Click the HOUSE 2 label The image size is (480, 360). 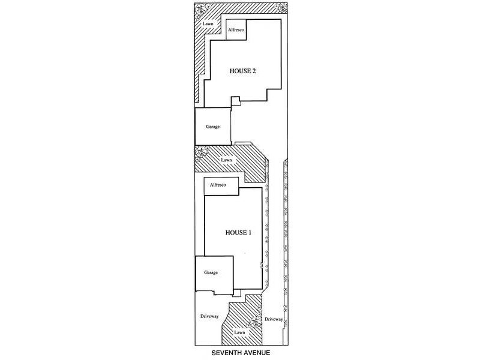[243, 71]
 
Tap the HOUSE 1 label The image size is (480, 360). [237, 232]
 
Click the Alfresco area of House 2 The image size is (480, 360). [235, 29]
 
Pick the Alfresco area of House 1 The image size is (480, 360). [217, 186]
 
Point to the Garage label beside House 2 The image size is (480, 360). [213, 127]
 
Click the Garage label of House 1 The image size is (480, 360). [211, 272]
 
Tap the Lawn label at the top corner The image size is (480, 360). [208, 25]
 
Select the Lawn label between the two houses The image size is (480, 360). [226, 160]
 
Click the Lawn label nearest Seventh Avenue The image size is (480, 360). [240, 332]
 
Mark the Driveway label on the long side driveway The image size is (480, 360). [274, 319]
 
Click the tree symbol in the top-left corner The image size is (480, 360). [200, 9]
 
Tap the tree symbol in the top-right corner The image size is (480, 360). [281, 8]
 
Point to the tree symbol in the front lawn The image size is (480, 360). [256, 323]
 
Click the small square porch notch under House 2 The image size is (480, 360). [236, 101]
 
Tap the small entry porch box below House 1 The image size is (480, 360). [238, 293]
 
